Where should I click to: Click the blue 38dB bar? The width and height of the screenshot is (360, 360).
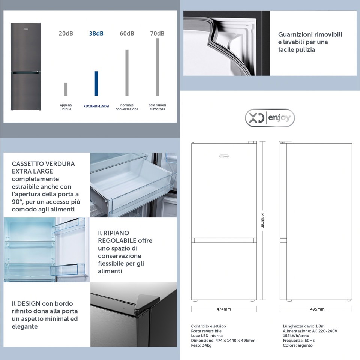[x=96, y=83]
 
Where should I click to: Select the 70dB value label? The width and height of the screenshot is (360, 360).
[x=157, y=33]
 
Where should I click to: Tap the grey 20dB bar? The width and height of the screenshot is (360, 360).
[x=66, y=89]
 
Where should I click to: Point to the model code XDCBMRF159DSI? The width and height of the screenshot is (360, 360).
[x=96, y=106]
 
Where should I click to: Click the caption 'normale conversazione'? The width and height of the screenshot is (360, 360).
[x=127, y=107]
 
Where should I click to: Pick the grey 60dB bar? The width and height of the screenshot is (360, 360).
[x=127, y=72]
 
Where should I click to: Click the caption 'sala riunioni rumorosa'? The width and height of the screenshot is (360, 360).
[x=157, y=107]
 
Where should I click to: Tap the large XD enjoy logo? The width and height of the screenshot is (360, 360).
[x=270, y=118]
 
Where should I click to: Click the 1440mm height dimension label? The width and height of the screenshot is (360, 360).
[x=262, y=220]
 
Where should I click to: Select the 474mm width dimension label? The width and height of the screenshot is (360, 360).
[x=224, y=309]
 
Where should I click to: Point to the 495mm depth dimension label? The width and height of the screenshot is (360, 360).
[x=318, y=309]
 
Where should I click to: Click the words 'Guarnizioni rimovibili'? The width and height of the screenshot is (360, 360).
[x=310, y=34]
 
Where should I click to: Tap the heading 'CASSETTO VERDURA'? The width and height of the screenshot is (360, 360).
[x=43, y=164]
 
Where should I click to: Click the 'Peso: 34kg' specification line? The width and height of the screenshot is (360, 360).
[x=201, y=345]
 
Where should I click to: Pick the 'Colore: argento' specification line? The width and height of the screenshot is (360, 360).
[x=298, y=345]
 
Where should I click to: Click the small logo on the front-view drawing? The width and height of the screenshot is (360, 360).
[x=224, y=156]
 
